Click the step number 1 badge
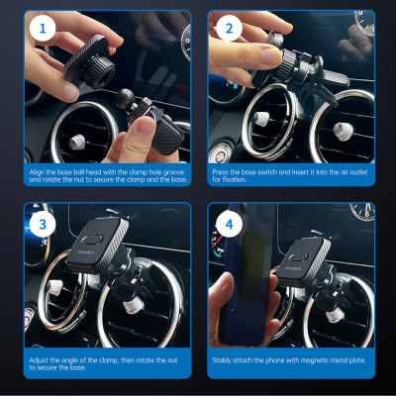coord(43,29)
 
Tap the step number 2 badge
coord(229,29)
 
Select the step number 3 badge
coord(43,225)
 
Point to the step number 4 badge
coord(229,225)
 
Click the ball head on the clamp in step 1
coord(125,98)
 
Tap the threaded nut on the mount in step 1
coord(98,72)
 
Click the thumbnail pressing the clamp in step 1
coord(146,125)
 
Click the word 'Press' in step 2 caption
coord(220,172)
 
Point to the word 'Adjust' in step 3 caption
coord(39,360)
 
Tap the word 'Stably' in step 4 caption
coord(222,360)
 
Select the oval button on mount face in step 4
coord(297,256)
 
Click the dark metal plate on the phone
coord(251,265)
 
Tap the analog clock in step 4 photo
coord(362,211)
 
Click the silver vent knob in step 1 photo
coord(77,142)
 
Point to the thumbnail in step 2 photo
coord(270,56)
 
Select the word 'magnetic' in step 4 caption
coord(303,360)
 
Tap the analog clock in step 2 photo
coord(365,22)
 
